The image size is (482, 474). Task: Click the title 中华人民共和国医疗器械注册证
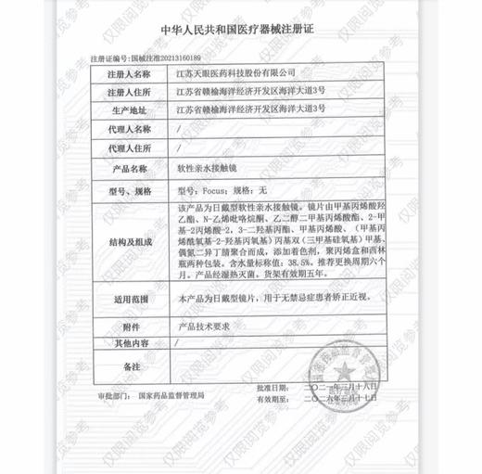click(240, 30)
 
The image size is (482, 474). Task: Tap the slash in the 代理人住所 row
click(177, 147)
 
